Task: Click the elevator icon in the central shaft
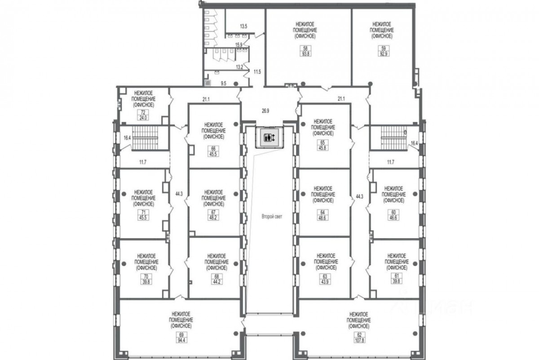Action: pos(269,138)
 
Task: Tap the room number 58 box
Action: pos(305,48)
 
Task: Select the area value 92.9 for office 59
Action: pos(383,54)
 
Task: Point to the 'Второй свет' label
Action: pos(272,217)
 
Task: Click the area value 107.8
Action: pos(359,341)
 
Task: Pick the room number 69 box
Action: pos(181,334)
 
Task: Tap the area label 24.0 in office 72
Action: pos(143,118)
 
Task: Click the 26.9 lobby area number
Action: pos(265,111)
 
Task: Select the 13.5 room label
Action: pos(243,26)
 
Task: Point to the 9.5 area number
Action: pos(224,84)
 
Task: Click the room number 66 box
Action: pos(213,148)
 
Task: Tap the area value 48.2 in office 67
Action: pos(213,218)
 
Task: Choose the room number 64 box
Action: pos(323,212)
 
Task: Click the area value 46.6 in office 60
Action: pos(393,218)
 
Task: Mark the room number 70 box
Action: pos(146,276)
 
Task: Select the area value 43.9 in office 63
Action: pos(325,282)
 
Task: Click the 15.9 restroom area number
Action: pos(239,44)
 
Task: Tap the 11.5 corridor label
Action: pos(257,71)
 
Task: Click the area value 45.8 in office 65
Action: pos(323,148)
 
